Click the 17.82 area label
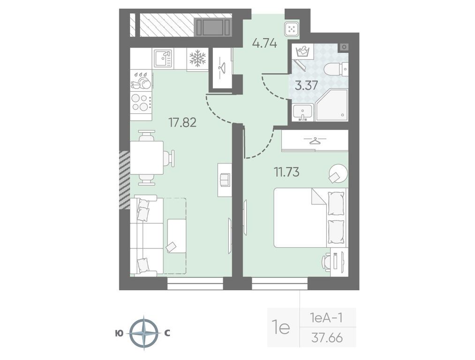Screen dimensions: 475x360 click(182, 123)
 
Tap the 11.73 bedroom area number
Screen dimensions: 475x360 click(287, 172)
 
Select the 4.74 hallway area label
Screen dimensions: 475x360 click(265, 44)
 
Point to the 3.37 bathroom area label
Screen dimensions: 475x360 click(307, 86)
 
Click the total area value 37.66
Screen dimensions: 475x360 click(327, 338)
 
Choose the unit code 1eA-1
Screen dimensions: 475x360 click(326, 318)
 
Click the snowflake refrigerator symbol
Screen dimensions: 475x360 click(197, 59)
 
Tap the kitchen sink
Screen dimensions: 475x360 click(163, 59)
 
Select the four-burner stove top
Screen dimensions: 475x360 click(141, 102)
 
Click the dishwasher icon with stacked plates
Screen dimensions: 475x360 click(141, 81)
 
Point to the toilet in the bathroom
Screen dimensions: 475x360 click(336, 69)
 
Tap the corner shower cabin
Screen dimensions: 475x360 click(332, 105)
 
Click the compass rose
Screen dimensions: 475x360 click(144, 333)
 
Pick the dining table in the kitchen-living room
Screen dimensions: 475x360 click(147, 157)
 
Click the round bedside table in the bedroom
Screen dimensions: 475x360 click(339, 173)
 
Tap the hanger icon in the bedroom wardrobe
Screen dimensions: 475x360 click(315, 141)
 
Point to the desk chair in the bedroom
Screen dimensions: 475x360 click(327, 261)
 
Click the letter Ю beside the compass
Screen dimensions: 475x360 click(120, 333)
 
